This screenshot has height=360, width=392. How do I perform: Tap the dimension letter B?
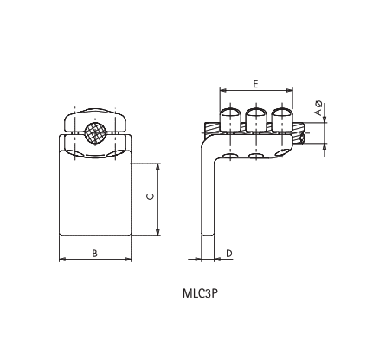94,252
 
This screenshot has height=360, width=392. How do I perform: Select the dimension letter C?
150,197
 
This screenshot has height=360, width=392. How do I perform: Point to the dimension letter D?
228,253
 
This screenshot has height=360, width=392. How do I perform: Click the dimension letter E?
255,83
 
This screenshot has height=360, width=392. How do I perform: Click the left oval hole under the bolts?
230,156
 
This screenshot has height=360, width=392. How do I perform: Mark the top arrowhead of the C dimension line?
157,165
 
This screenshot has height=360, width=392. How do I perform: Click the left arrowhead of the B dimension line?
61,259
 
